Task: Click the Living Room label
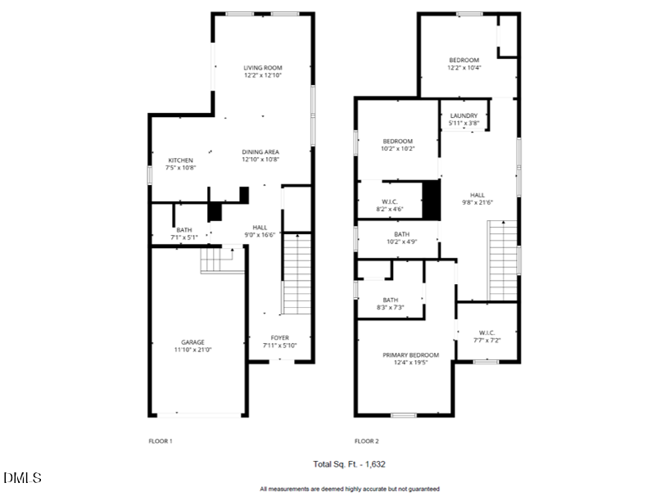pyautogui.click(x=262, y=68)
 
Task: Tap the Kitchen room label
pyautogui.click(x=180, y=160)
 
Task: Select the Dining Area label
pyautogui.click(x=260, y=152)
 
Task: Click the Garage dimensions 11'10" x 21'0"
pyautogui.click(x=192, y=350)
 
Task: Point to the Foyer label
pyautogui.click(x=279, y=338)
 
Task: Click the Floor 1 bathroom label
pyautogui.click(x=183, y=230)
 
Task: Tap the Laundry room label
pyautogui.click(x=464, y=116)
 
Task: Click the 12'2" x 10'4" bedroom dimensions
pyautogui.click(x=464, y=68)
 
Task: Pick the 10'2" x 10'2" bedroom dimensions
pyautogui.click(x=397, y=149)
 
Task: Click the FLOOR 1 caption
pyautogui.click(x=160, y=441)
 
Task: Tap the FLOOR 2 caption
pyautogui.click(x=367, y=441)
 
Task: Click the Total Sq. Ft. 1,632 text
pyautogui.click(x=350, y=464)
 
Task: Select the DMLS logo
pyautogui.click(x=22, y=477)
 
